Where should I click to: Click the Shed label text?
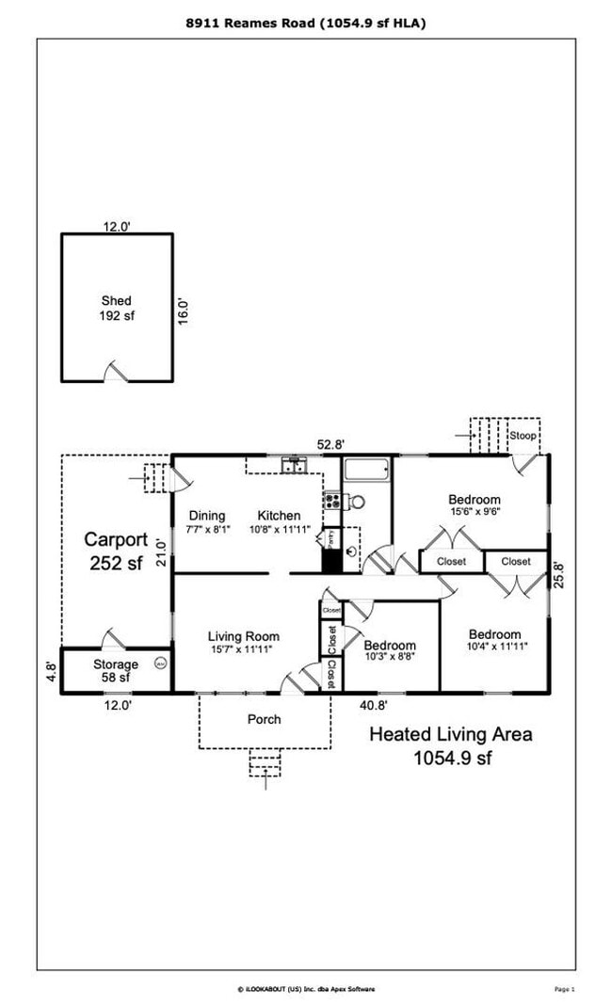[117, 301]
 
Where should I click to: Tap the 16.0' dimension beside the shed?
[185, 311]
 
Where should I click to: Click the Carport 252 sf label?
[116, 550]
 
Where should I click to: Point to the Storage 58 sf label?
[116, 671]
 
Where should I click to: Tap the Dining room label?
[207, 516]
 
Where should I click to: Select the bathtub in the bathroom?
[366, 470]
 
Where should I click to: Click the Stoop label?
[523, 436]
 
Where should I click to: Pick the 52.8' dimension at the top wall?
[333, 445]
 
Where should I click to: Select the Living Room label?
[244, 637]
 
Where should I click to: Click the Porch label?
[265, 719]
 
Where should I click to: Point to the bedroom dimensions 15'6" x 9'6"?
[473, 512]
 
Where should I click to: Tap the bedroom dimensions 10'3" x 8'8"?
[390, 658]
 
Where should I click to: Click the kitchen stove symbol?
[331, 501]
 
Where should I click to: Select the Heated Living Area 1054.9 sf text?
[450, 744]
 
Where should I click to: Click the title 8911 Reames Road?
[305, 23]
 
